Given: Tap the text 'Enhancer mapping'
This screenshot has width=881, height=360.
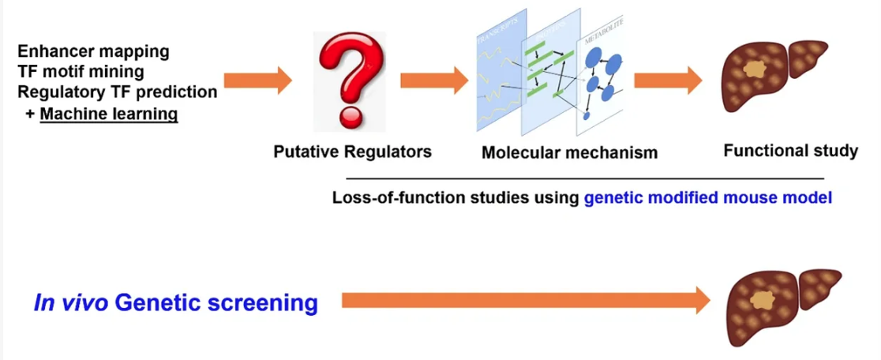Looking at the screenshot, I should click(93, 52).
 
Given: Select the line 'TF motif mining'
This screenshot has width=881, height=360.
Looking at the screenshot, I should click(81, 72).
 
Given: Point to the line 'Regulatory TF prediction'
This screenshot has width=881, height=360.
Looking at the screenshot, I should click(117, 92).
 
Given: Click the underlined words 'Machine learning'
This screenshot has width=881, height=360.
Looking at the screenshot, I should click(109, 114).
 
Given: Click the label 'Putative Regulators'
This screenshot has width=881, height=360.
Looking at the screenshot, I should click(352, 152).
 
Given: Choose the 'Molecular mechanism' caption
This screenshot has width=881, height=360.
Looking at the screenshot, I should click(569, 152).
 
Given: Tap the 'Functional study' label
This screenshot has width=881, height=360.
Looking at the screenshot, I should click(790, 150).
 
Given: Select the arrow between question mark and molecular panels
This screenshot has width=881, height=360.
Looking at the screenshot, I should click(434, 80).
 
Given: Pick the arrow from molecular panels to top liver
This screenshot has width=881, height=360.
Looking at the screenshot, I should click(668, 80).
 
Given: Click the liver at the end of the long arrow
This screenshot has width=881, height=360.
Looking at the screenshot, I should click(784, 304).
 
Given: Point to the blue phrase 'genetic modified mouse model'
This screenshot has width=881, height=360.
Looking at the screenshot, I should click(708, 197).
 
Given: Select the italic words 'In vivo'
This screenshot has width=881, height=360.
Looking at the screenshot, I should click(70, 303).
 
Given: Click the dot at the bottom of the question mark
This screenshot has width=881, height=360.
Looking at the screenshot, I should click(348, 118).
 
